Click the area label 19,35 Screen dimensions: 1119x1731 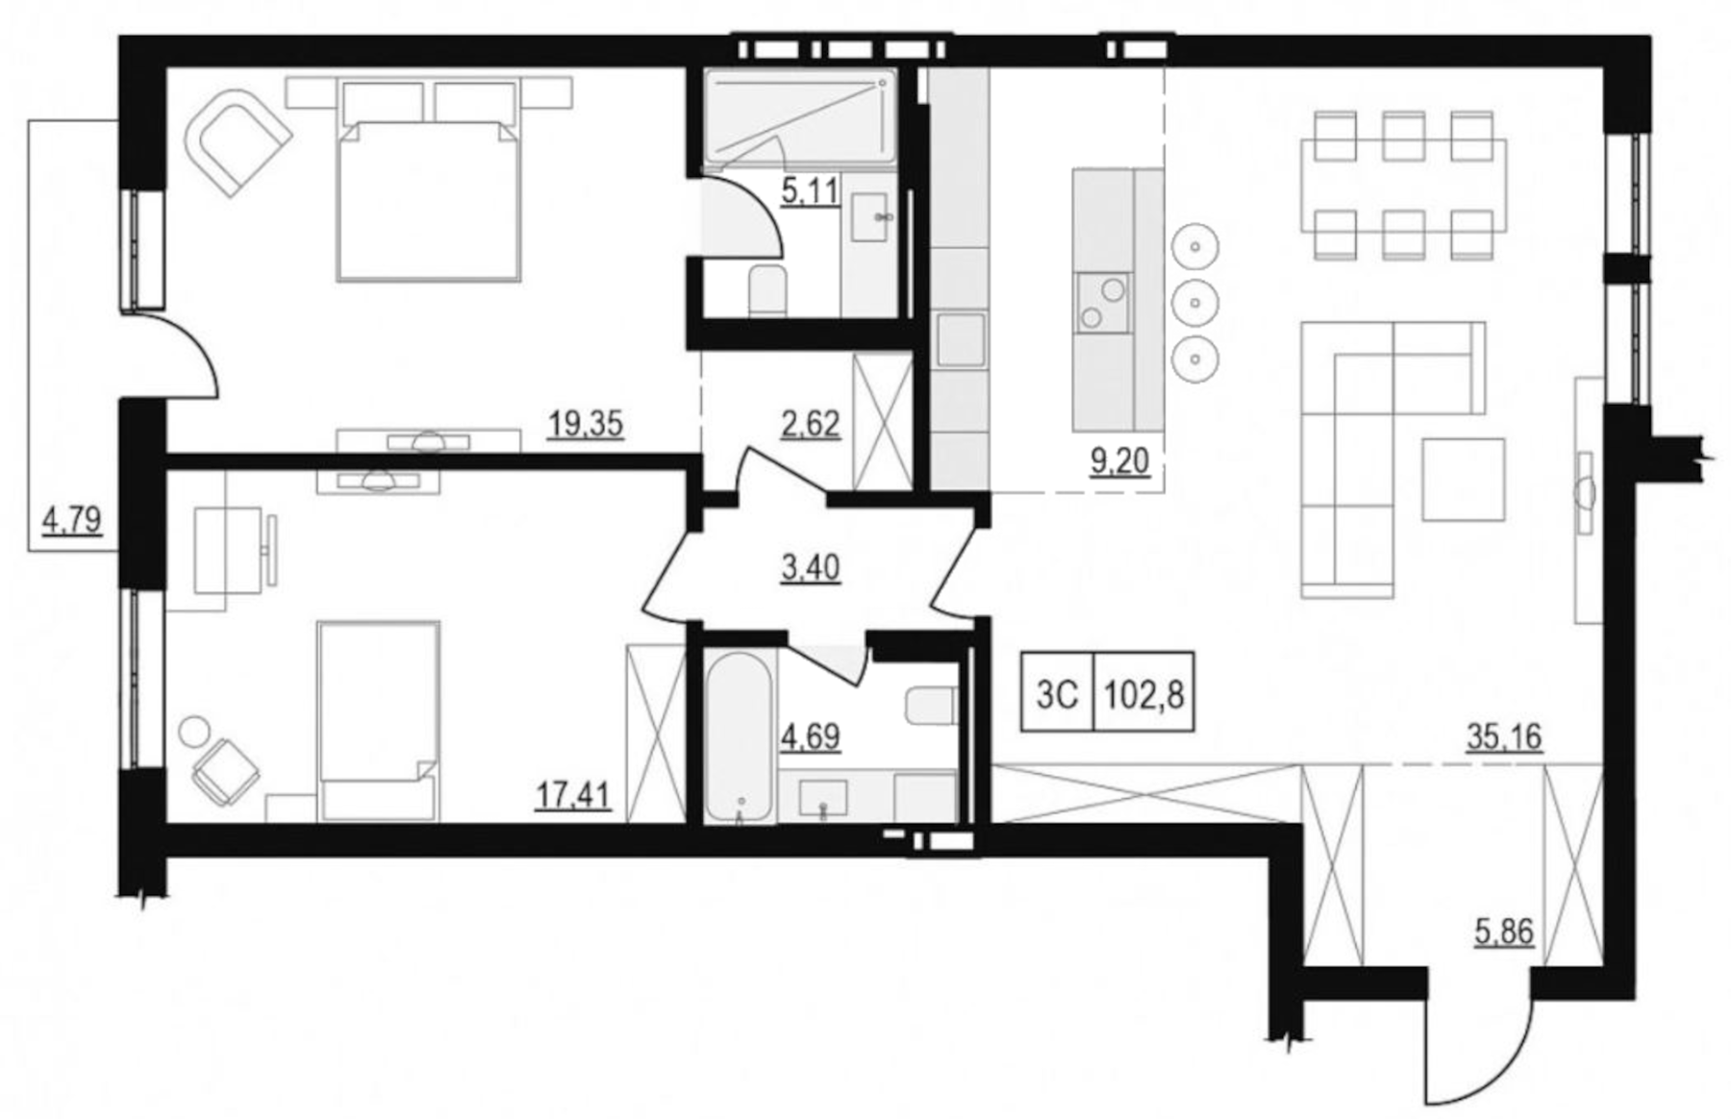pos(586,423)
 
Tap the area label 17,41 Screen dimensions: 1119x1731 pos(573,796)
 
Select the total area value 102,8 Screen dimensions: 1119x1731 pos(1143,693)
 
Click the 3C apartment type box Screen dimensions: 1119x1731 pos(1057,693)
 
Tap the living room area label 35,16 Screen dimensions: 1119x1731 pos(1504,736)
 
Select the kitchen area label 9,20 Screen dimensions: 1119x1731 pos(1119,461)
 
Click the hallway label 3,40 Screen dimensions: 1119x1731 pos(811,568)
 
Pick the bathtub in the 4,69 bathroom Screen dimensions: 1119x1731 pos(739,735)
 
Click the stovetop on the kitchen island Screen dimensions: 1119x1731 pos(1103,302)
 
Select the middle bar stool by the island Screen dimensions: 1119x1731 pos(1194,302)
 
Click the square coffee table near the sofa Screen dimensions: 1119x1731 pos(1463,479)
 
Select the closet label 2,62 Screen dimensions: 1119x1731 pos(811,424)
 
